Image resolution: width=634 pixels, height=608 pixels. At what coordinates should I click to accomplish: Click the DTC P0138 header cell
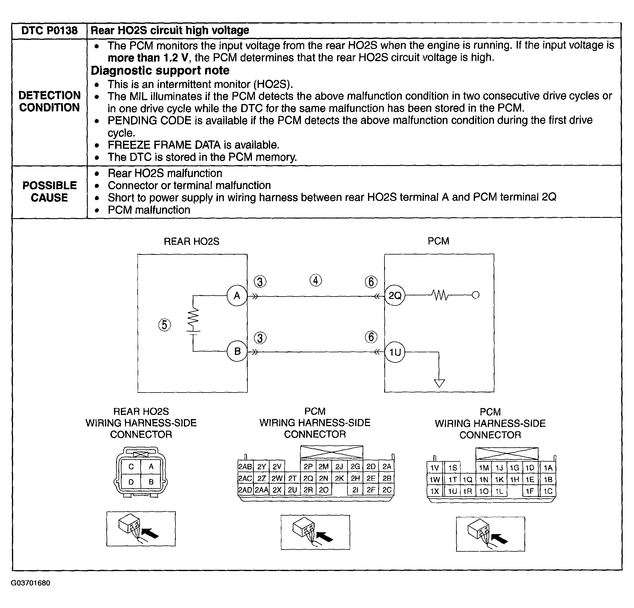coord(49,31)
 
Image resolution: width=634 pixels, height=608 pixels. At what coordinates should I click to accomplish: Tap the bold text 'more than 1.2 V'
coord(148,58)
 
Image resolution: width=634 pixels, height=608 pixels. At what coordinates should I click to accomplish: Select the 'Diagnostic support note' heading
coord(160,70)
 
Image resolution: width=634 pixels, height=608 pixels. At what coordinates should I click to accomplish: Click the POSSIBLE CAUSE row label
coord(49,191)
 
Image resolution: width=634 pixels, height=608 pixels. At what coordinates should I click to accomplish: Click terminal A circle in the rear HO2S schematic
coord(237,296)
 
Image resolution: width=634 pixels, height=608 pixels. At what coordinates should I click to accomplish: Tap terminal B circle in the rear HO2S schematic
coord(237,351)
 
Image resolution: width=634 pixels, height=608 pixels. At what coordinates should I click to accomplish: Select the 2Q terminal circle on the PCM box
coord(395,296)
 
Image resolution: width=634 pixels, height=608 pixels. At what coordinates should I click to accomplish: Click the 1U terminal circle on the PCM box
coord(395,352)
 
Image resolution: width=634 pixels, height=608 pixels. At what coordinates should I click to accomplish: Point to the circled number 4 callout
coord(316,280)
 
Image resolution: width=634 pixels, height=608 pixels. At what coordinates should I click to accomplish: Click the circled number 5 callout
coord(165,325)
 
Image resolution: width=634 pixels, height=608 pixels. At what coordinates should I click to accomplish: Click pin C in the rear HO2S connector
coord(131,467)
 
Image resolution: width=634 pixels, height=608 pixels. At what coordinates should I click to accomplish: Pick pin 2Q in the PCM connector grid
coord(308,478)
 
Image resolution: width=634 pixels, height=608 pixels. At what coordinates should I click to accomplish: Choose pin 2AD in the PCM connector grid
coord(245,490)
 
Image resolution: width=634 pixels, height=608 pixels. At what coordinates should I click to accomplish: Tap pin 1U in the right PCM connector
coord(452,491)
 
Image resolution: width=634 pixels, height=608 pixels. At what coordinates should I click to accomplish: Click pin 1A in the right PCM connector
coord(548,468)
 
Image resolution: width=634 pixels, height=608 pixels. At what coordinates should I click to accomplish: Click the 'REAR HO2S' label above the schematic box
coord(192,242)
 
